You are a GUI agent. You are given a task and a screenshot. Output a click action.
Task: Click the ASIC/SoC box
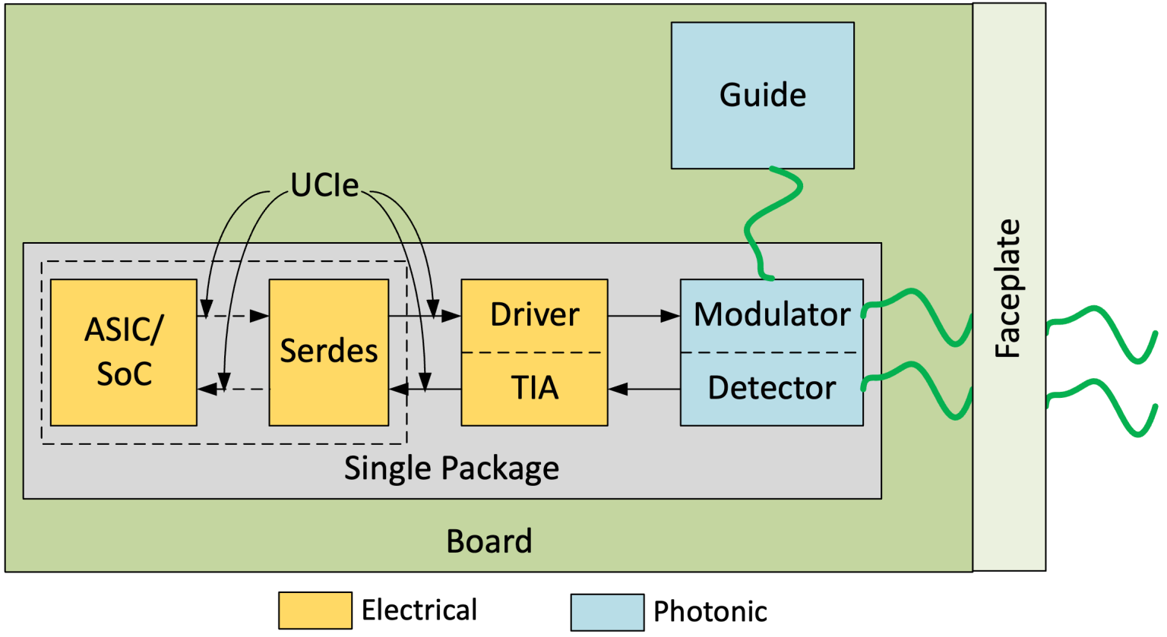click(123, 352)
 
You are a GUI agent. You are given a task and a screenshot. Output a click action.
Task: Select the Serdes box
click(328, 352)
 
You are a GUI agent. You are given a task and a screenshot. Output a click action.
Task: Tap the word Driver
click(534, 314)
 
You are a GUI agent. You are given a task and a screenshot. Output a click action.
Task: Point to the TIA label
click(534, 388)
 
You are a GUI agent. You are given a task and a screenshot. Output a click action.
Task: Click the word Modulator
click(771, 314)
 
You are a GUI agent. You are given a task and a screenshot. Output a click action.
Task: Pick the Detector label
click(771, 388)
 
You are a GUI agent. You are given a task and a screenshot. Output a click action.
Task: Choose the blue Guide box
click(762, 95)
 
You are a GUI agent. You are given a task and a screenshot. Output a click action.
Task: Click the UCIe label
click(324, 185)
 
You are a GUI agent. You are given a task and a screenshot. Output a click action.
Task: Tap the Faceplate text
click(1008, 289)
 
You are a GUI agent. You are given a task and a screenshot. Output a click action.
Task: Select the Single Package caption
click(451, 468)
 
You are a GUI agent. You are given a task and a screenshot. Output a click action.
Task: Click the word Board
click(489, 541)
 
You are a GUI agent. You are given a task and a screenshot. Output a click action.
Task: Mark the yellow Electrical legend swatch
click(315, 610)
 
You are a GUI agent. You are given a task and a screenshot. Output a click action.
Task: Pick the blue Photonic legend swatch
click(607, 612)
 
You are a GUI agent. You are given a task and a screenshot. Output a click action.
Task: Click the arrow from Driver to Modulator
click(643, 316)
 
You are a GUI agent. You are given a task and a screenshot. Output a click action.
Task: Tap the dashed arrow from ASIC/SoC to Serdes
click(234, 316)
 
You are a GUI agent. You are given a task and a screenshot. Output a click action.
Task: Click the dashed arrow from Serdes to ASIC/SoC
click(234, 389)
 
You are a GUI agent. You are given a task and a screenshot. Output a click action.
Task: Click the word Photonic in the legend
click(710, 612)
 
